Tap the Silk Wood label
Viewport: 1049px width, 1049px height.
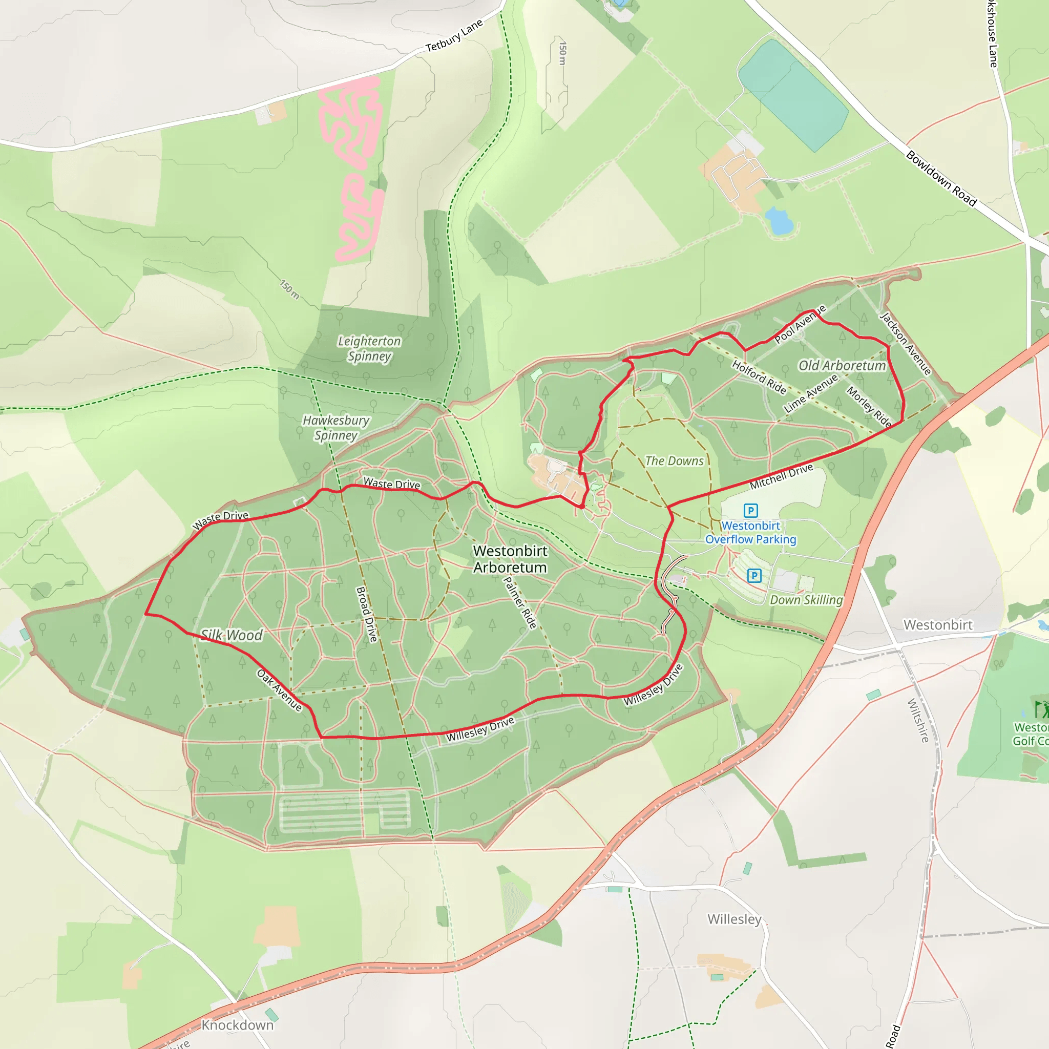232,635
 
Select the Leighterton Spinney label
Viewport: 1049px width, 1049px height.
369,349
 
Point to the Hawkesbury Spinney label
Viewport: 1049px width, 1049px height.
335,427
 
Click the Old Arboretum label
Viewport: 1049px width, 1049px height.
842,365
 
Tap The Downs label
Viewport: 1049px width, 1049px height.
674,461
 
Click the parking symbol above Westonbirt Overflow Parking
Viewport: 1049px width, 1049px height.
750,510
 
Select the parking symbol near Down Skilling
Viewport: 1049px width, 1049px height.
754,576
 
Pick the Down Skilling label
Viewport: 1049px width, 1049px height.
806,599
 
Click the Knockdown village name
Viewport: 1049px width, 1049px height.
237,1024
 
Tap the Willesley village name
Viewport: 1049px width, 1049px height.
734,919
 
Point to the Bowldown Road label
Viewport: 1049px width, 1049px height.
941,179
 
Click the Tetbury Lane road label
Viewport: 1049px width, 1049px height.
454,36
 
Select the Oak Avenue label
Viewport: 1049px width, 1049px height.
279,690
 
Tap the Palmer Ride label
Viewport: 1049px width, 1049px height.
519,602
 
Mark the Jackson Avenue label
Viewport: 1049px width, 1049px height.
905,343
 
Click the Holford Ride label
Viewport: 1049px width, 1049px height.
759,376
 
